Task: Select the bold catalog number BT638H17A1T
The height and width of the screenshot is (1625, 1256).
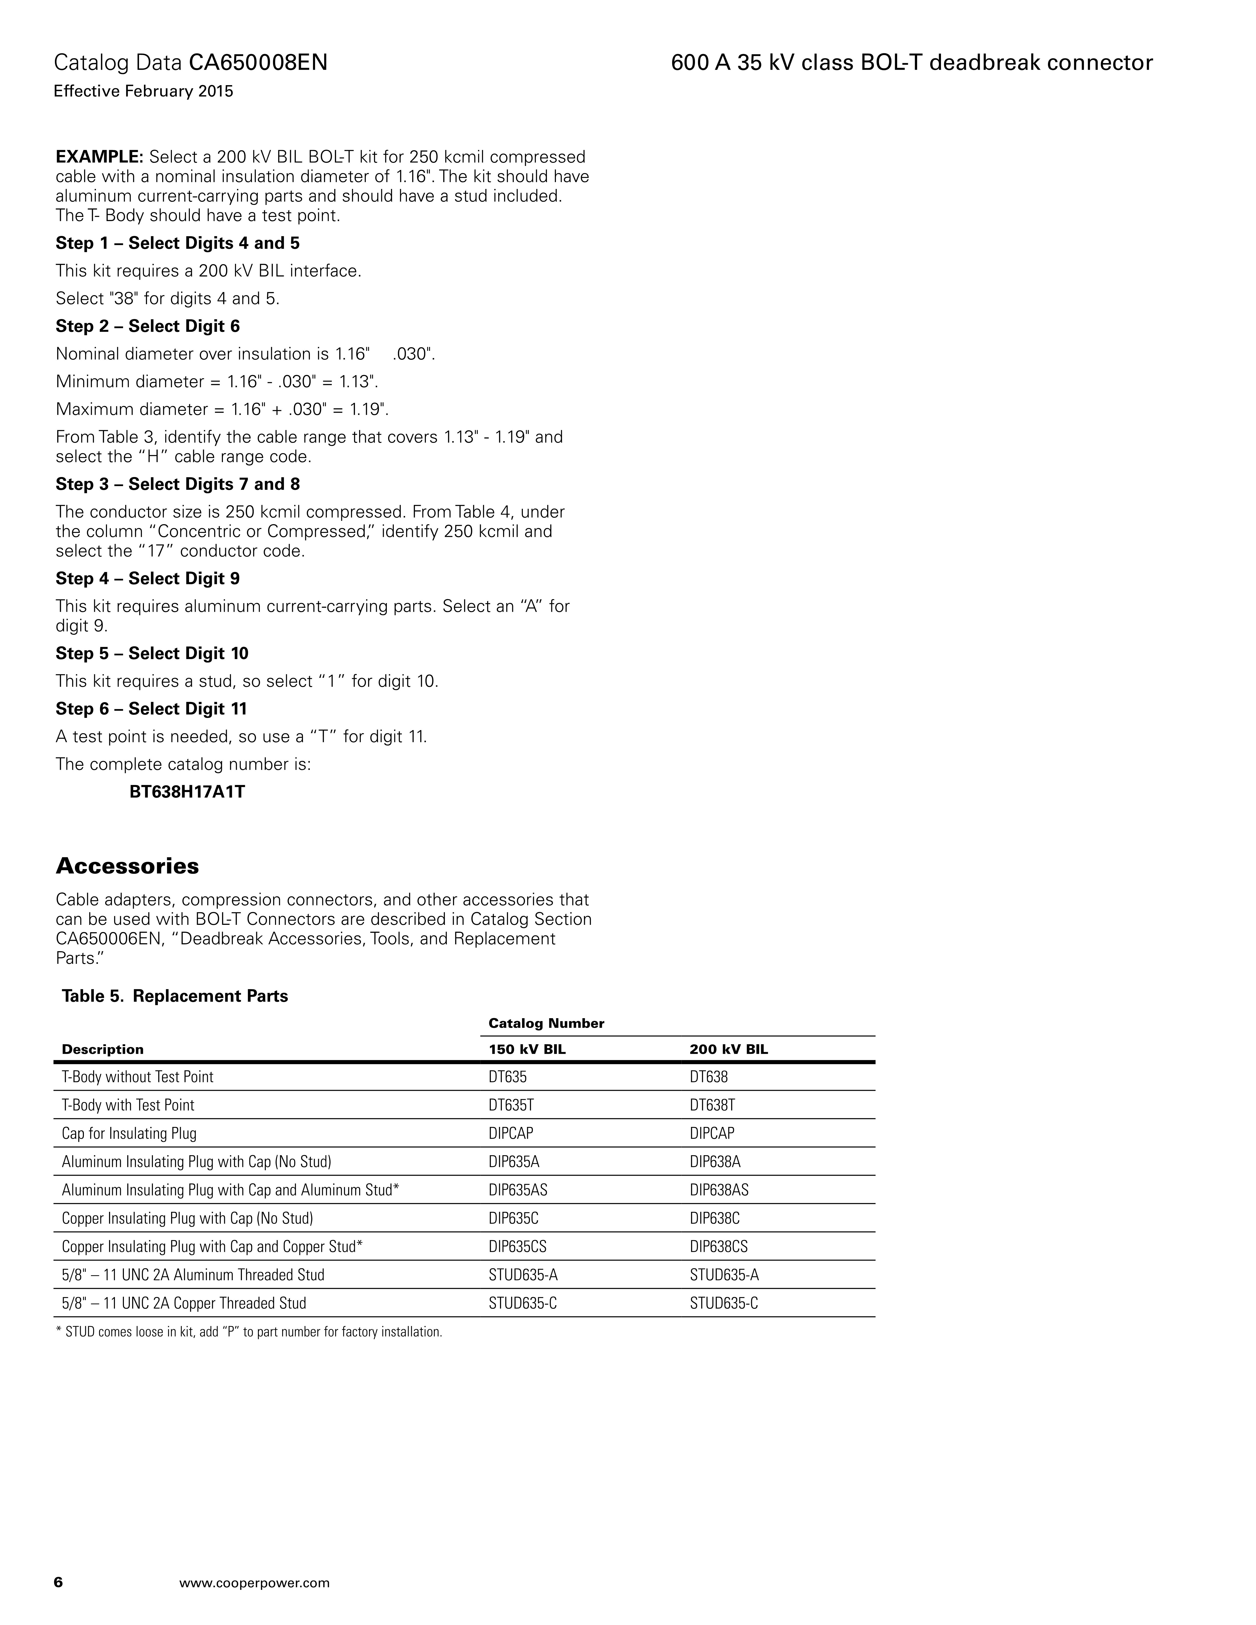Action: click(187, 792)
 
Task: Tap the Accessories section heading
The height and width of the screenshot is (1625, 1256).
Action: click(127, 866)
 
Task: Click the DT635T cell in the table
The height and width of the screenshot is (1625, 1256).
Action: click(511, 1105)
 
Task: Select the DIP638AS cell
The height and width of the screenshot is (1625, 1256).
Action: click(719, 1190)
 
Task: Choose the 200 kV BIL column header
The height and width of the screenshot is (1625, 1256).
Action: click(729, 1049)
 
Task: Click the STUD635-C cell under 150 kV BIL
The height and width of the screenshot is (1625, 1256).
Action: click(522, 1303)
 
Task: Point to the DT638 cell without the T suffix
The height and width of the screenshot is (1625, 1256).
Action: click(708, 1077)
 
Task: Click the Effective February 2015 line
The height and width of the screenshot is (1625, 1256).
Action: click(144, 92)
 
